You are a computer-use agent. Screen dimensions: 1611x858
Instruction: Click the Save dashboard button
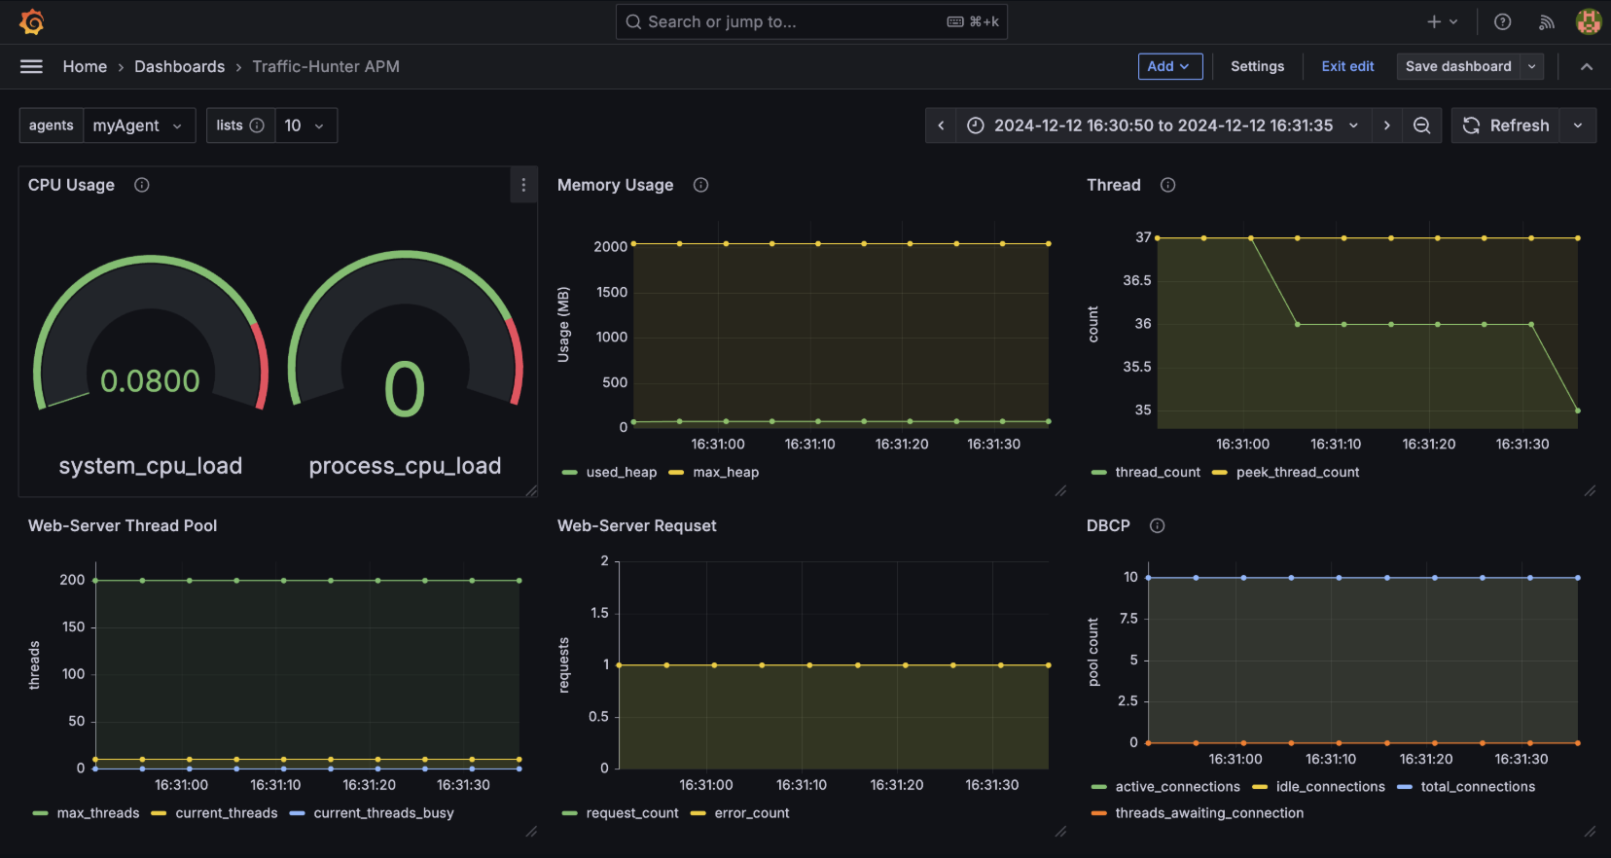[x=1458, y=66]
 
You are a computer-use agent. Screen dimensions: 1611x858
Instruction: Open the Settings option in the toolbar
[x=1257, y=66]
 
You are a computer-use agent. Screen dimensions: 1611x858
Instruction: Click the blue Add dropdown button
[x=1170, y=66]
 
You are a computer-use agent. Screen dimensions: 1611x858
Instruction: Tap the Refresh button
[x=1505, y=125]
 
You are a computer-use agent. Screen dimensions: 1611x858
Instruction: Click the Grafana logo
[x=32, y=21]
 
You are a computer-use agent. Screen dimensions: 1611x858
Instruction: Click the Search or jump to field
[x=811, y=21]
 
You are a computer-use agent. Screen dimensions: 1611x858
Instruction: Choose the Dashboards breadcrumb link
[x=180, y=66]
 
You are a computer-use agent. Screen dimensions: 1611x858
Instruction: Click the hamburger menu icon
[x=31, y=66]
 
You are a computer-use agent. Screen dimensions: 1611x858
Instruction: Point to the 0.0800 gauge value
[x=150, y=380]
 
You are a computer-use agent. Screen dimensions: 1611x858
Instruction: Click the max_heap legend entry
[x=714, y=472]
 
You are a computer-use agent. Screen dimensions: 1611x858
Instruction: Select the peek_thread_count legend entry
[x=1286, y=472]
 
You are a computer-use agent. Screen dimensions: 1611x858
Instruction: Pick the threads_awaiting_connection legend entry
[x=1198, y=812]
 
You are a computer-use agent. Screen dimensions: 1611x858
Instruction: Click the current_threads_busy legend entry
[x=372, y=812]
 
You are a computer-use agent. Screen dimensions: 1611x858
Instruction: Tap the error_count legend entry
[x=740, y=812]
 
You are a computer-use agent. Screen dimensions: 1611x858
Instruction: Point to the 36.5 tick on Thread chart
[x=1137, y=280]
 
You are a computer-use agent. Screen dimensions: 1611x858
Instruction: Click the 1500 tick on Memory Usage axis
[x=611, y=292]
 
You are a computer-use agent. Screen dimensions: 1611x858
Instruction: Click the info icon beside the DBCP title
[x=1158, y=525]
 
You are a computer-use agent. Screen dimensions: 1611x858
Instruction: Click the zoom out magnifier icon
[x=1422, y=125]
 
